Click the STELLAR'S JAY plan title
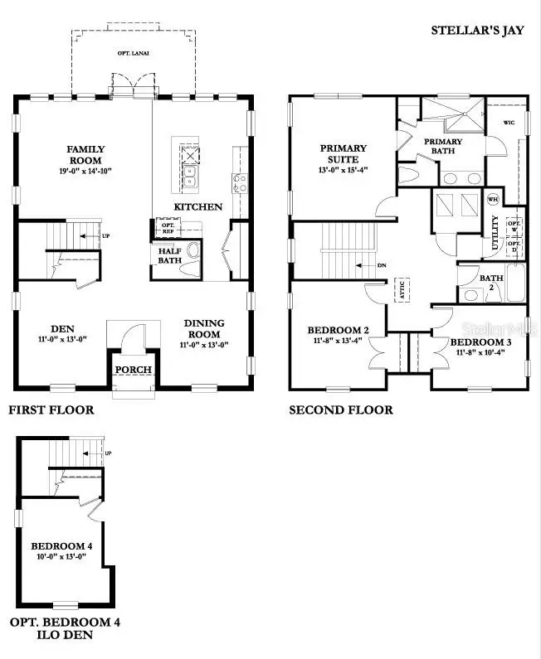point(477,31)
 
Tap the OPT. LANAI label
point(133,52)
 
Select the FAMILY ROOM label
point(85,155)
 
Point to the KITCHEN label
point(197,206)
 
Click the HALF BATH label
point(170,254)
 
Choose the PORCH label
point(132,370)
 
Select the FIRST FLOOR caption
point(51,409)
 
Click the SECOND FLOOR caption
point(341,409)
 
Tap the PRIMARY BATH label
point(443,146)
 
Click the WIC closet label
point(510,124)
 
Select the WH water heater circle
point(492,199)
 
